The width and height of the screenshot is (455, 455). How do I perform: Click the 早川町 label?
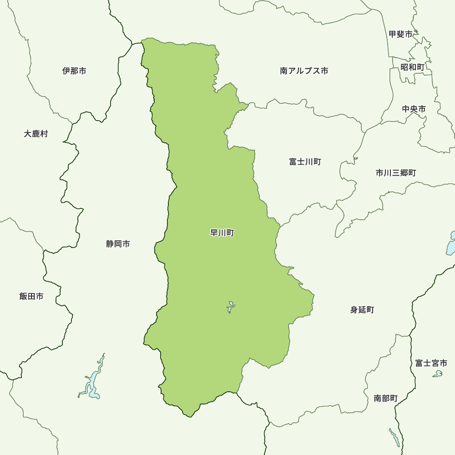click(222, 233)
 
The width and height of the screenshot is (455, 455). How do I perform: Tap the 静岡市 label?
click(118, 244)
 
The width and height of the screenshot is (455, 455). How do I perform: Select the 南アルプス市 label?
click(304, 71)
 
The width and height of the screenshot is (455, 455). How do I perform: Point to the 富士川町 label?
click(305, 162)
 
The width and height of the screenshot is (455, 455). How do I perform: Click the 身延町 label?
click(362, 310)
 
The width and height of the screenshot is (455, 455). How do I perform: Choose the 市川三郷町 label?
click(395, 173)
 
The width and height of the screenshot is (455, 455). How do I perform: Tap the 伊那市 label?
click(74, 71)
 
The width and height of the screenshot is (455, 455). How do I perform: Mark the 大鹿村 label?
click(35, 134)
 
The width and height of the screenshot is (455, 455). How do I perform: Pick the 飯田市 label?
click(31, 296)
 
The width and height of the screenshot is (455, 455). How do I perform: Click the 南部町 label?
click(385, 399)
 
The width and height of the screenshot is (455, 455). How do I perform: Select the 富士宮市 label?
click(431, 363)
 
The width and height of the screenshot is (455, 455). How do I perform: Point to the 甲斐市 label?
click(400, 34)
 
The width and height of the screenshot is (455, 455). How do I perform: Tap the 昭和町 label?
click(412, 67)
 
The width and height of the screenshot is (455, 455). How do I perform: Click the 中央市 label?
click(414, 109)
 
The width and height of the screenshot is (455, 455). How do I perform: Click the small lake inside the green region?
click(231, 307)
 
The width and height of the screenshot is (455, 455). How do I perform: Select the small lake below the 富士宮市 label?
click(438, 374)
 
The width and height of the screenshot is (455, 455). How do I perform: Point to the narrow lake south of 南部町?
click(394, 437)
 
